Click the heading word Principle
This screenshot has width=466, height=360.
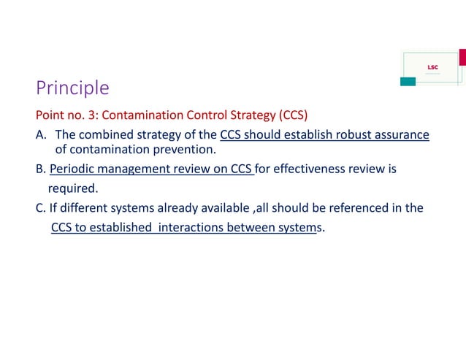[72, 88]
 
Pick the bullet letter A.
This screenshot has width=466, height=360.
[40, 134]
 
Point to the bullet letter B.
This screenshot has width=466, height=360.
[40, 170]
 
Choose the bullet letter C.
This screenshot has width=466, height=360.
[40, 207]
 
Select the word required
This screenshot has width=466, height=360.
[72, 188]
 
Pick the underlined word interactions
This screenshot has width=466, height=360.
[192, 227]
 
